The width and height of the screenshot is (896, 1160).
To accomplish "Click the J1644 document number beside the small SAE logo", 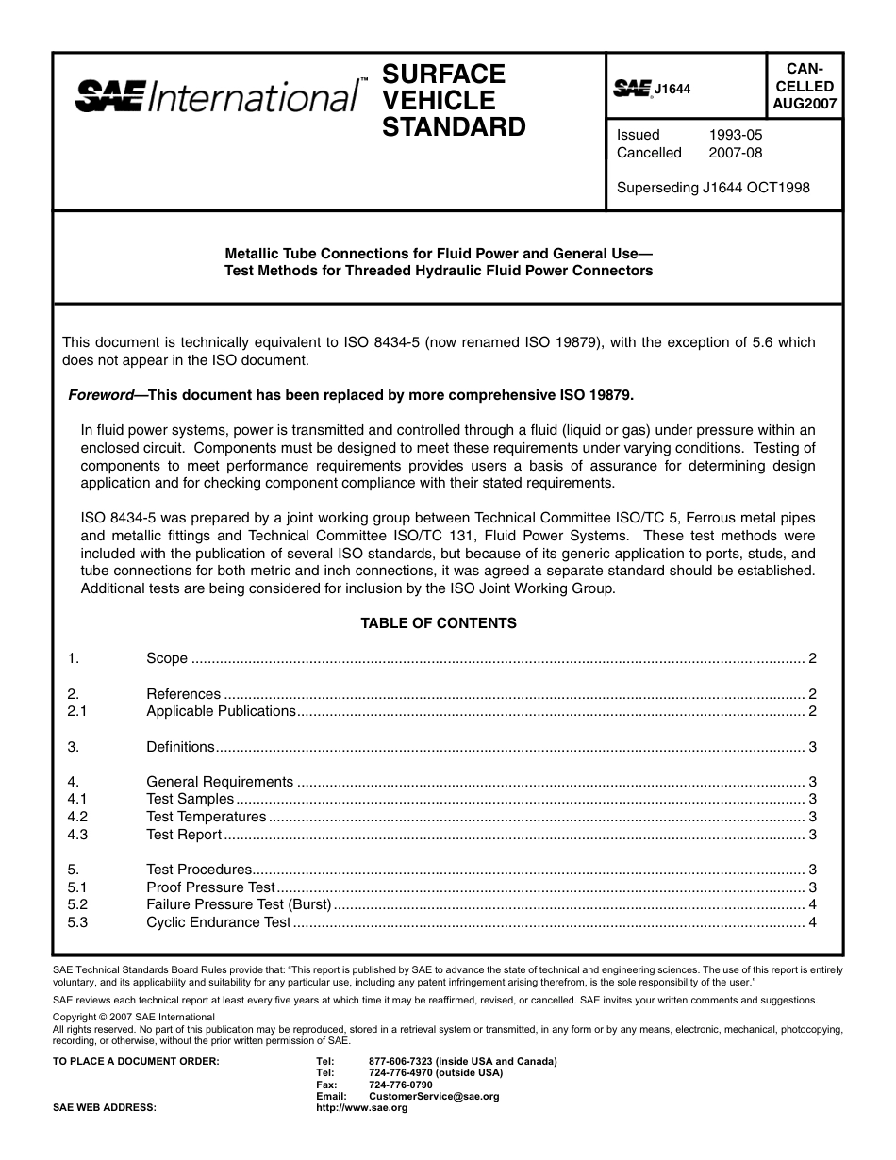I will [x=672, y=90].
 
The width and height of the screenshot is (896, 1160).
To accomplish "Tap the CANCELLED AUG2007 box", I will [x=804, y=86].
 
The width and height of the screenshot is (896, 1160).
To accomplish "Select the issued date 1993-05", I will [x=735, y=135].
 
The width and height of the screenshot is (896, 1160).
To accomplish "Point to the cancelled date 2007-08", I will [x=735, y=153].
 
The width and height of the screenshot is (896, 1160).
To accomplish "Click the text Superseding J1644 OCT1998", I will [x=712, y=187].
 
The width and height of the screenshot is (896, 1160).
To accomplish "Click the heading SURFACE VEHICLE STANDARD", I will [x=453, y=100].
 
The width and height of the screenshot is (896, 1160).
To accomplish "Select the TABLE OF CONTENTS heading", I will [x=439, y=623].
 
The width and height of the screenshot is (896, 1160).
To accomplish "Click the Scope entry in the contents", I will [x=167, y=658].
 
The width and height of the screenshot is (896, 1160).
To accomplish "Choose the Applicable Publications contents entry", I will [x=221, y=711].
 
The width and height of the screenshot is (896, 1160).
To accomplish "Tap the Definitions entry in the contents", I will [x=180, y=747].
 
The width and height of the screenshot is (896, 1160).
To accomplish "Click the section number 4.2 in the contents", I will [x=77, y=817].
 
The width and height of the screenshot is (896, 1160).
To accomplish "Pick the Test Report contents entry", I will [x=184, y=835].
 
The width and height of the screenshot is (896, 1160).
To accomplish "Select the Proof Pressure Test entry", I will [x=210, y=887].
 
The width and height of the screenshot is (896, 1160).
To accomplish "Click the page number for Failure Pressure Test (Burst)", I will [x=812, y=904].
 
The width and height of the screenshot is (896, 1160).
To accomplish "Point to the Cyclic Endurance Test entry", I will [x=218, y=922].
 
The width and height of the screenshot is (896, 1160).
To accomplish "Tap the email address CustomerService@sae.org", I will [x=434, y=1097].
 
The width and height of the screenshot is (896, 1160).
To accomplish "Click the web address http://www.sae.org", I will [x=361, y=1108].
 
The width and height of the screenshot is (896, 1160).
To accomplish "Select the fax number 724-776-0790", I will [x=401, y=1085].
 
